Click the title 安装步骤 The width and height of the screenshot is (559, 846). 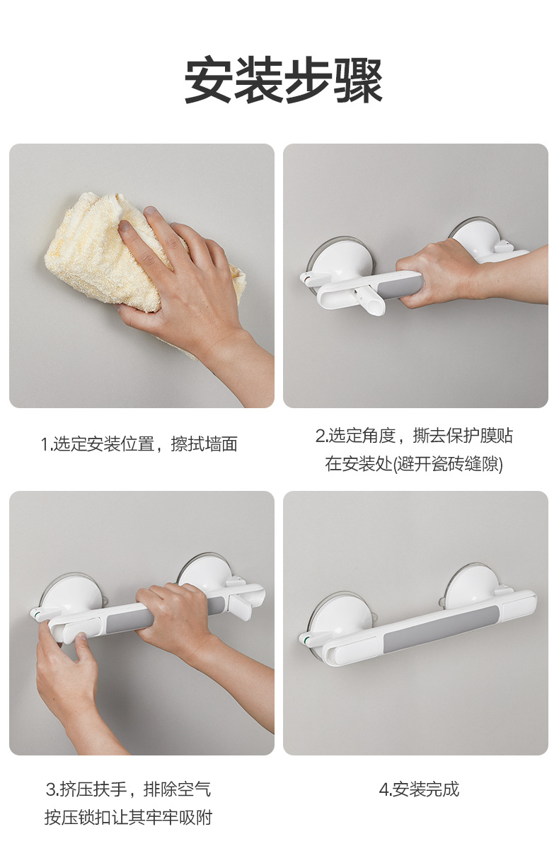pyautogui.click(x=283, y=80)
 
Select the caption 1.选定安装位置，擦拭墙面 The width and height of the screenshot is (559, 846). pyautogui.click(x=139, y=444)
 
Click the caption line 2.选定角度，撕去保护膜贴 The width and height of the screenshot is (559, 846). pyautogui.click(x=414, y=436)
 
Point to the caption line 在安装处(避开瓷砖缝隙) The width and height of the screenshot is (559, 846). pyautogui.click(x=414, y=464)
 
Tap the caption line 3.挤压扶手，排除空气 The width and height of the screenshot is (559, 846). pyautogui.click(x=128, y=789)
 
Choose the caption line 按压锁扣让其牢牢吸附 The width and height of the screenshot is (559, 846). pyautogui.click(x=128, y=817)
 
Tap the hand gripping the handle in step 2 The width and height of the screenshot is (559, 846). pyautogui.click(x=439, y=272)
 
